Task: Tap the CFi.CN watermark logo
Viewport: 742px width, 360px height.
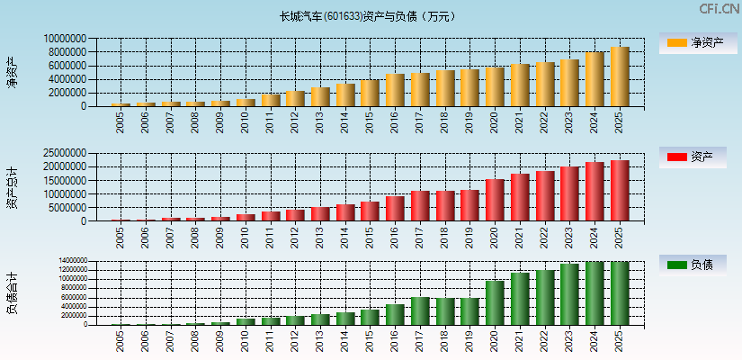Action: tap(719, 9)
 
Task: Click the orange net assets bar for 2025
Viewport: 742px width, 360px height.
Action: tap(620, 76)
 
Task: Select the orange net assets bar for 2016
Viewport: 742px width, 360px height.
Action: tap(395, 90)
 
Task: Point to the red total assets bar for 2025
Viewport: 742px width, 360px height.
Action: tap(620, 191)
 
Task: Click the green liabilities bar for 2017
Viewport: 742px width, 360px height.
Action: tap(420, 311)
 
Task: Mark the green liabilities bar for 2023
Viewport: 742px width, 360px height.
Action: tap(569, 294)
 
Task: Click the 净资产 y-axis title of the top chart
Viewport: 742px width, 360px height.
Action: tap(12, 71)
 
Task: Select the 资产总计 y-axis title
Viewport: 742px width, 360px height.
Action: tap(12, 186)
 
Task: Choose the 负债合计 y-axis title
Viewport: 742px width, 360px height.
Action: tap(12, 292)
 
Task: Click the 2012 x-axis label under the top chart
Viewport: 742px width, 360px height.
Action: tap(296, 121)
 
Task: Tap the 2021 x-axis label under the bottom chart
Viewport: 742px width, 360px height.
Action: tap(521, 341)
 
